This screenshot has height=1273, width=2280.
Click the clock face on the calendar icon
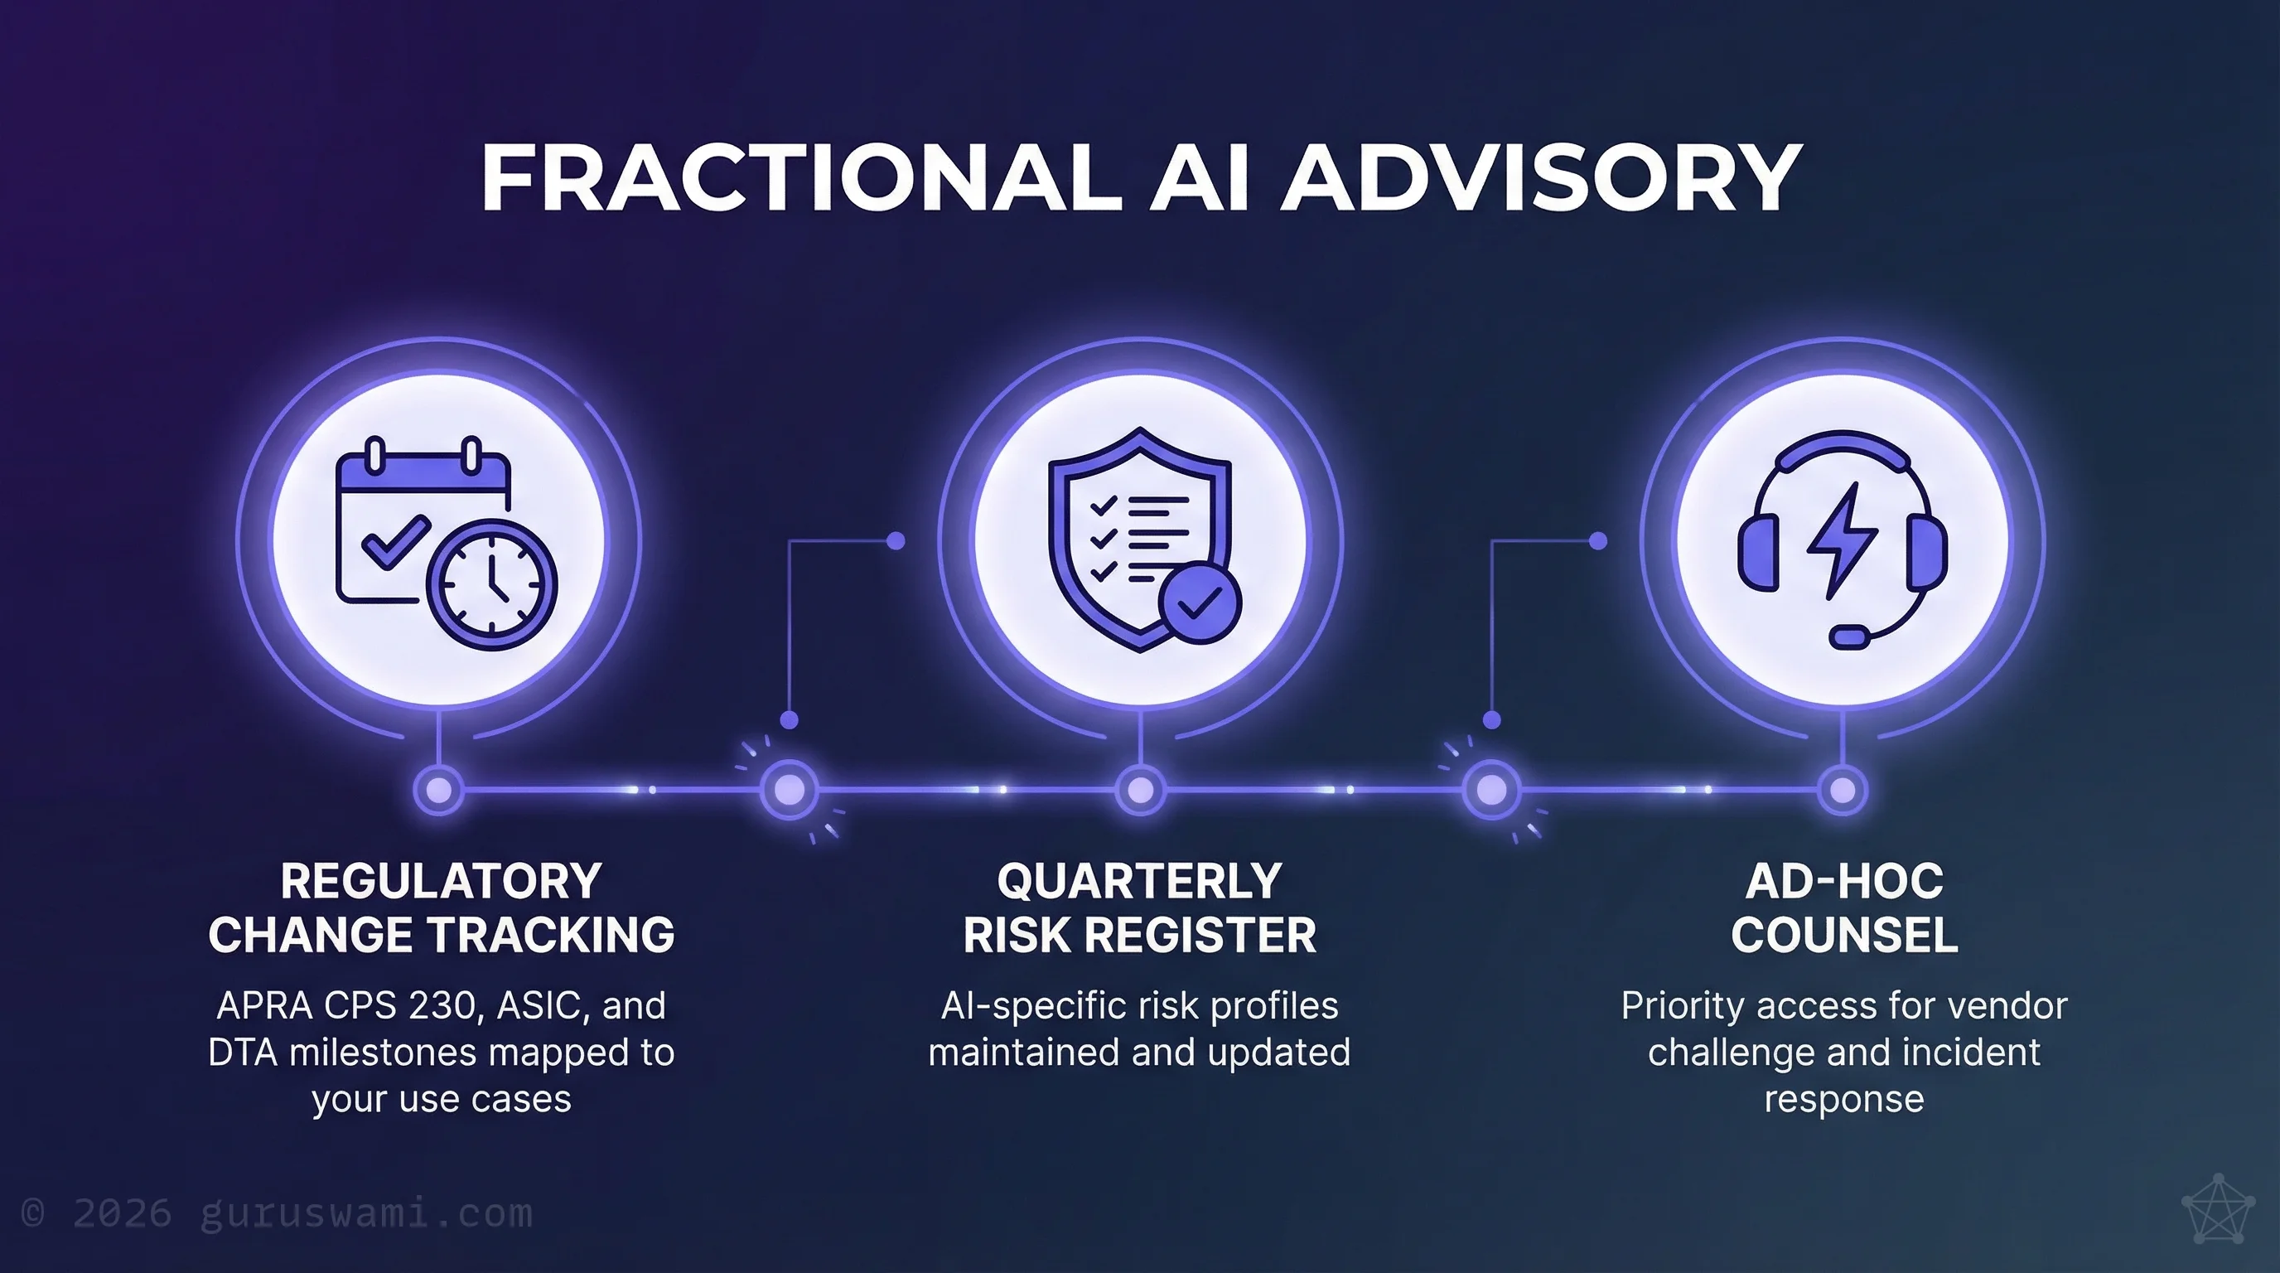point(492,585)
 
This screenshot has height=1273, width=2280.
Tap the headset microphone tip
point(1849,636)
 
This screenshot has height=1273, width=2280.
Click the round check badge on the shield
point(1200,602)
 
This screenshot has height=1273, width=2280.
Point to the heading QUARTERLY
point(1139,882)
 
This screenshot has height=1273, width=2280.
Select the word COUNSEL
point(1844,935)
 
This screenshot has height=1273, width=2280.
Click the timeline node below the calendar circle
point(439,789)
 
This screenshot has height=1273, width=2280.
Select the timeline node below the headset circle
point(1842,789)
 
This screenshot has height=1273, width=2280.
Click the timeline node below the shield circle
point(1140,789)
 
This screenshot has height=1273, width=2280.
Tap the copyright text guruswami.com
point(366,1212)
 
